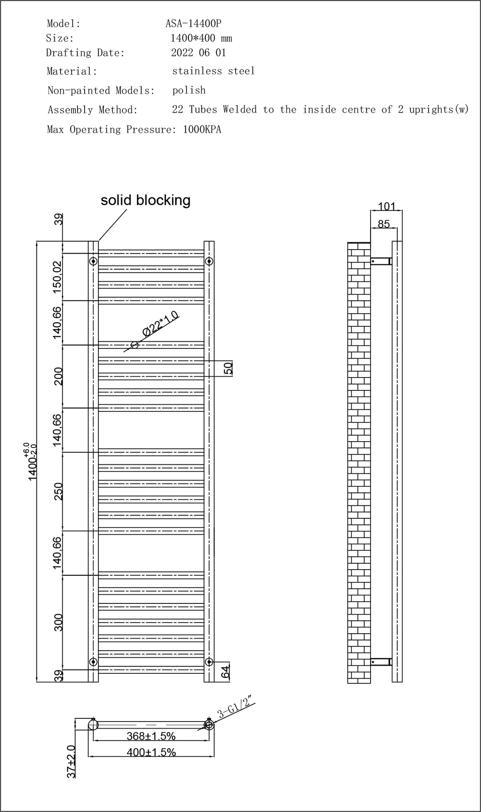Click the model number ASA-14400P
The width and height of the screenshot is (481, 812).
(193, 24)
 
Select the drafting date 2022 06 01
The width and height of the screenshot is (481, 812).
(199, 53)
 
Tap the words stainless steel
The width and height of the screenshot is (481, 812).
(213, 71)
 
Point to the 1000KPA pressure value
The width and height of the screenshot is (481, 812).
(202, 130)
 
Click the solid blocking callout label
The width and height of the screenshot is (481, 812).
(146, 200)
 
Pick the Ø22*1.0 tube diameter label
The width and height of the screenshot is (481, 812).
(160, 324)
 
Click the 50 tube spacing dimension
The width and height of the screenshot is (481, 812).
(228, 368)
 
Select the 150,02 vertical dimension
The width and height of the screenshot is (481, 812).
(57, 277)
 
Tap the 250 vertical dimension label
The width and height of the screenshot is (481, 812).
(58, 491)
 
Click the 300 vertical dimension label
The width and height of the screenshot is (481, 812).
(58, 622)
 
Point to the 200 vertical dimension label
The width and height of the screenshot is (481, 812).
(58, 377)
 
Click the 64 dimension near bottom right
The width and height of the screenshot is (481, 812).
(226, 671)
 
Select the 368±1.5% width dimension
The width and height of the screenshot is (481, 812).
(151, 736)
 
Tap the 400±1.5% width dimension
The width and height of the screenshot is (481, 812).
(151, 752)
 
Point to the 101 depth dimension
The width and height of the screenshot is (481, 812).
(387, 206)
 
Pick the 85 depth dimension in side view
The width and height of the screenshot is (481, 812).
(383, 224)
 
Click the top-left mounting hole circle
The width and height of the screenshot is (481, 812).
(93, 261)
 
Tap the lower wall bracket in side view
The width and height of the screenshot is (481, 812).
(381, 662)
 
